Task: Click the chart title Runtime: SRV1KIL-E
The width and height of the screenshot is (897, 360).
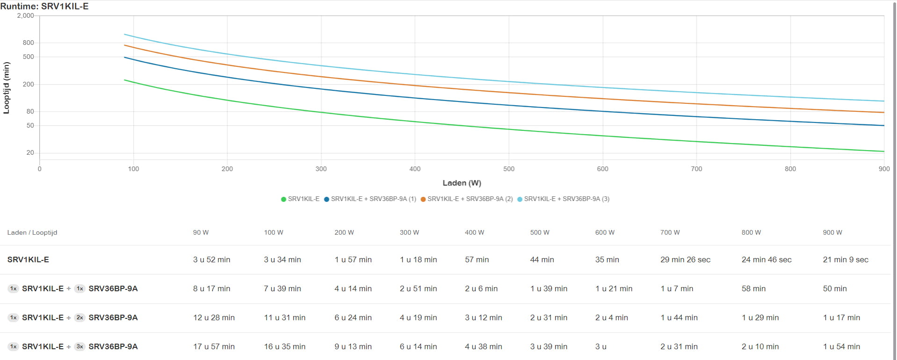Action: pyautogui.click(x=44, y=6)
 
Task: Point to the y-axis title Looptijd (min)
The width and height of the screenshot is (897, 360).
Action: pyautogui.click(x=7, y=88)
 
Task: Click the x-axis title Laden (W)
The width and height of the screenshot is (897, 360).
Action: pyautogui.click(x=462, y=183)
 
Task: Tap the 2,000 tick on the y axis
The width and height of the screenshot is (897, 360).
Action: pyautogui.click(x=26, y=15)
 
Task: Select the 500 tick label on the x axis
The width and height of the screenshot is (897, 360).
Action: pyautogui.click(x=509, y=169)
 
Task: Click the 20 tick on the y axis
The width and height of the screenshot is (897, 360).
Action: pyautogui.click(x=30, y=152)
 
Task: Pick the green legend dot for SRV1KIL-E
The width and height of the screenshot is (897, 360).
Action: pyautogui.click(x=283, y=199)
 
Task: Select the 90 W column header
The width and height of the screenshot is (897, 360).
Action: pyautogui.click(x=201, y=232)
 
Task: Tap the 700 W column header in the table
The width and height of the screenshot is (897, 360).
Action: pyautogui.click(x=670, y=232)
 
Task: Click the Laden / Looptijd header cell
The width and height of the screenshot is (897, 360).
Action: pyautogui.click(x=32, y=232)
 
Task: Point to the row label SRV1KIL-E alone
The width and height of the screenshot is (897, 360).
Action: pyautogui.click(x=28, y=259)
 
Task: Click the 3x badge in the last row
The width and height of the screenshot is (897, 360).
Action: pyautogui.click(x=80, y=346)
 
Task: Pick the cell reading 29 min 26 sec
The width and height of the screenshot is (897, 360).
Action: pyautogui.click(x=685, y=259)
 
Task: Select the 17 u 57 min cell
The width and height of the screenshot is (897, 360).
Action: pyautogui.click(x=214, y=346)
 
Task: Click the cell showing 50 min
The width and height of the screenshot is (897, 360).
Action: pyautogui.click(x=835, y=288)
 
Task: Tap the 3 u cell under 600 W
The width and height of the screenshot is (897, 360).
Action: pyautogui.click(x=600, y=346)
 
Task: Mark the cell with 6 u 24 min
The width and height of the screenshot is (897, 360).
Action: pyautogui.click(x=353, y=317)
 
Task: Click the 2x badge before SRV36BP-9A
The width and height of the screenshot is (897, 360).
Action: pyautogui.click(x=80, y=317)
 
